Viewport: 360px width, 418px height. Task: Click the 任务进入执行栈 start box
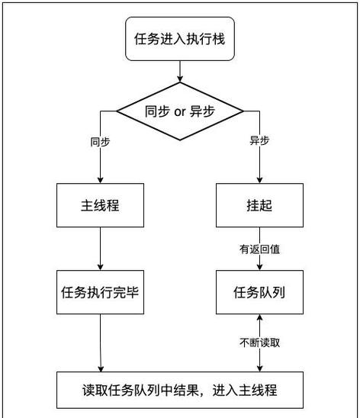click(179, 39)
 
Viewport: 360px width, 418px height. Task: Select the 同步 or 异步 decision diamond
click(179, 111)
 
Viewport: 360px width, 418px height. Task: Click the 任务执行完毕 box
click(99, 291)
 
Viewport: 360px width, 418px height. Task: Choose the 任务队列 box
click(259, 291)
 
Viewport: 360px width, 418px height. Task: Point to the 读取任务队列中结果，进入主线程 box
click(179, 390)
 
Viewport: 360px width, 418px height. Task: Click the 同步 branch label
click(100, 142)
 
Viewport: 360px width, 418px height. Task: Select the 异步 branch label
click(260, 142)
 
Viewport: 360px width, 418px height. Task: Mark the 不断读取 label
click(259, 342)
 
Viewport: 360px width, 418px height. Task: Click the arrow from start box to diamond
click(179, 70)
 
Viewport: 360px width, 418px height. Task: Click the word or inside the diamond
click(180, 111)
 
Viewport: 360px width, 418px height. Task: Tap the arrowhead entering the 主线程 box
click(100, 179)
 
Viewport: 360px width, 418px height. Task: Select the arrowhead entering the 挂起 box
click(259, 179)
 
